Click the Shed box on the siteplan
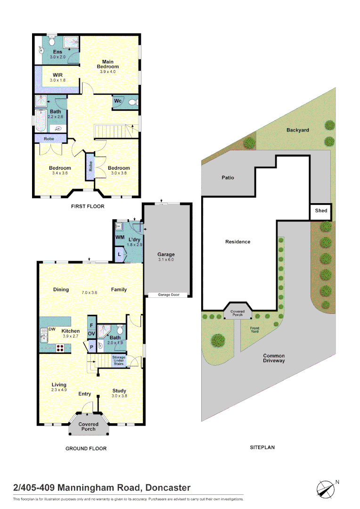321,211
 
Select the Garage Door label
168,295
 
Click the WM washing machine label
120,237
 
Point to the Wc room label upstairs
118,101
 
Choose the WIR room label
58,75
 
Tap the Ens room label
57,51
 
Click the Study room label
119,391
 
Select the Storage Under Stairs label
119,361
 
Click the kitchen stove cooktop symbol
60,348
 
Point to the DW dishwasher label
52,329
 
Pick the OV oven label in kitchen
91,334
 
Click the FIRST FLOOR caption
88,206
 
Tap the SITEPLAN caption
262,447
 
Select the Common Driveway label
274,358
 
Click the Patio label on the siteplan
228,178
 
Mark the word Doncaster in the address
168,488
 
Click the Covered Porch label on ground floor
88,427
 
